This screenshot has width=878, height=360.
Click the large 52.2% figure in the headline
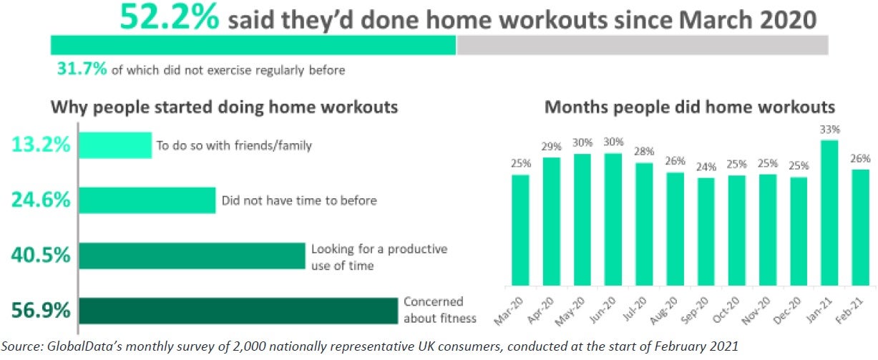(170, 17)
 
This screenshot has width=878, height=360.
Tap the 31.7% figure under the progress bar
(82, 69)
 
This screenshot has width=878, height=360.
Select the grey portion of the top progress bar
(642, 45)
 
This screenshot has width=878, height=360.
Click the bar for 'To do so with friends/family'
(115, 145)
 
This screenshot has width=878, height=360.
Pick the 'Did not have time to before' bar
(147, 200)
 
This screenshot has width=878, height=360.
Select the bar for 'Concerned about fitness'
(238, 311)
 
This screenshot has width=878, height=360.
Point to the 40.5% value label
(41, 256)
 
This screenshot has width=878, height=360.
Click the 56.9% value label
(41, 311)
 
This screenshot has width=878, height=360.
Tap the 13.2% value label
(41, 145)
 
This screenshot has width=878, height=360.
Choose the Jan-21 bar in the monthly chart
(829, 213)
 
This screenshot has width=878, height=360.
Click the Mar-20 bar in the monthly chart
(520, 230)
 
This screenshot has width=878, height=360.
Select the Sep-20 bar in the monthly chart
(706, 232)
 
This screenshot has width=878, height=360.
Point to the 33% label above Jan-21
(830, 130)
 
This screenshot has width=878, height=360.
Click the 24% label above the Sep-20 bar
(706, 167)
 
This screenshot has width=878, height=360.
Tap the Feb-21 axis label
(850, 311)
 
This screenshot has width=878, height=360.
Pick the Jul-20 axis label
(635, 309)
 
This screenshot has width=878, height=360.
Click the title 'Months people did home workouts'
(690, 107)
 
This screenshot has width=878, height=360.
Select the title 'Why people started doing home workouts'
(225, 107)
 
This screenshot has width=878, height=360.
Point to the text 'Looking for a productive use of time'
(379, 257)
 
